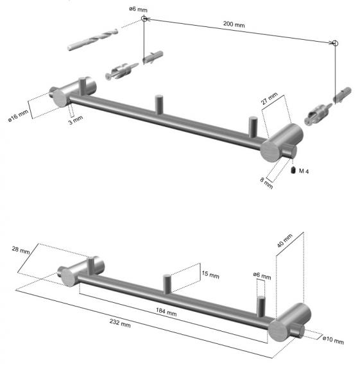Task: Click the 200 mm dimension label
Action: coord(234,24)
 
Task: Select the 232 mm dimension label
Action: coord(120,323)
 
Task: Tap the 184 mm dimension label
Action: coord(166,312)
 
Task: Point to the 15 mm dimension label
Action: coord(210,275)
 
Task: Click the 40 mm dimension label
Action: coord(285,241)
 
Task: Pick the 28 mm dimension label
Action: coord(21,250)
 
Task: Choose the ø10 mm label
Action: coord(333,340)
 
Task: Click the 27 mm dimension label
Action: coord(269,98)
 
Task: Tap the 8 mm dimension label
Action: coord(266,183)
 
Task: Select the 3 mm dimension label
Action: coord(76,120)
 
